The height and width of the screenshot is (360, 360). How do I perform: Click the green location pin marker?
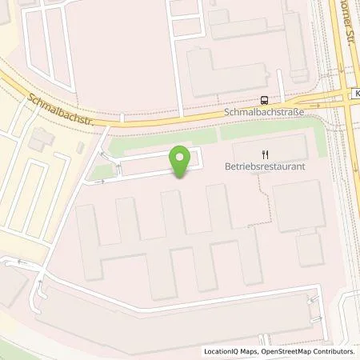click(182, 160)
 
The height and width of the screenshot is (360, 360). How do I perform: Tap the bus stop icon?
click(264, 100)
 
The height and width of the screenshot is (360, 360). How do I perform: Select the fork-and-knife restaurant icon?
click(264, 154)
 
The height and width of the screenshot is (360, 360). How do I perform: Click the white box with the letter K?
click(354, 94)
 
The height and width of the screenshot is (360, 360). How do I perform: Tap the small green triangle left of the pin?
click(99, 171)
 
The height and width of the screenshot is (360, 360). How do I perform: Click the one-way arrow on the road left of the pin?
click(100, 182)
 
